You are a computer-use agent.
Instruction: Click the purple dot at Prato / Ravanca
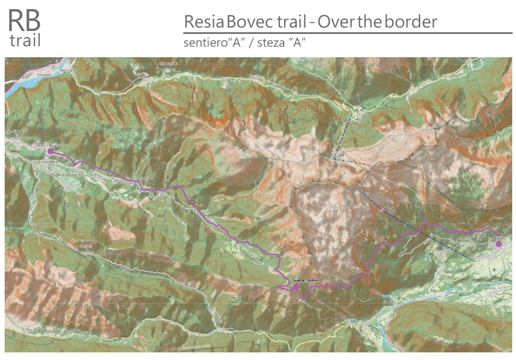(x=50, y=151)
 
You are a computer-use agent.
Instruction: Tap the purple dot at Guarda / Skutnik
(x=295, y=287)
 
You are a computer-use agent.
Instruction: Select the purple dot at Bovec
(x=499, y=244)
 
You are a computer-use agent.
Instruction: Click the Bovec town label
(x=499, y=238)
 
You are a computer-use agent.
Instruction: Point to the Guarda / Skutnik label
(x=306, y=281)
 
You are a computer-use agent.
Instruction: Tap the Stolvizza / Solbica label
(x=137, y=178)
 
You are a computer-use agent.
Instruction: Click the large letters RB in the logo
(x=24, y=20)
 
